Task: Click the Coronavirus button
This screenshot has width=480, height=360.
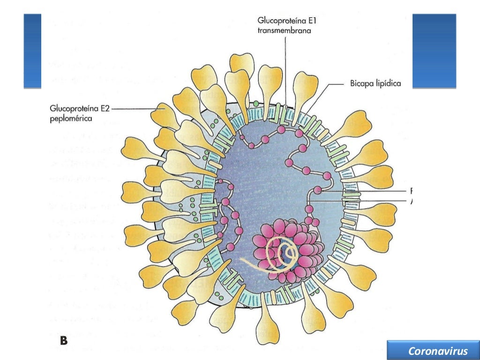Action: point(431,351)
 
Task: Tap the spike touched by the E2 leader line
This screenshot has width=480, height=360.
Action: point(164,112)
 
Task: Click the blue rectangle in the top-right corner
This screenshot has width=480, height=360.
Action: point(434,51)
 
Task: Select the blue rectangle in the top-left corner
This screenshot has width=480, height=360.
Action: point(32,51)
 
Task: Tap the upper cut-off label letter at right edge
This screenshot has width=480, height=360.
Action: point(411,191)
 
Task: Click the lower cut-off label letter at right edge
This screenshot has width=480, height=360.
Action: point(411,201)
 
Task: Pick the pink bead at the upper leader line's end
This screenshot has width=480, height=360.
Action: point(318,190)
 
